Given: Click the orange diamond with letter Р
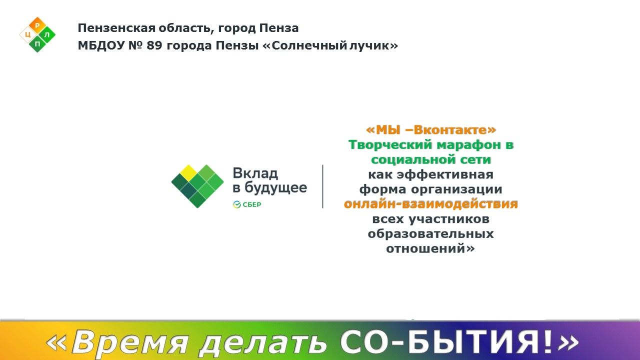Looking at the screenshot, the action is pos(37,25).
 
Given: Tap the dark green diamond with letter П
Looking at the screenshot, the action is pos(37,44).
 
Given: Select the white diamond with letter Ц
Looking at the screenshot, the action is pos(28,35).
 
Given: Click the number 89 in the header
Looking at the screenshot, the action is pos(154,45).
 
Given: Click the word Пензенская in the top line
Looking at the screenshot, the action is pos(116,28).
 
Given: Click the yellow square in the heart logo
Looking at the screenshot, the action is pos(188,173).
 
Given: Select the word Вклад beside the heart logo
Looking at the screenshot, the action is pos(255,173).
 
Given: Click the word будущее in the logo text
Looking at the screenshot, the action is pos(275,188).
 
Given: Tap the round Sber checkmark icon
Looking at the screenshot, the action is pos(237,204).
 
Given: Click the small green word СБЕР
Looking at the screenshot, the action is pos(251,204).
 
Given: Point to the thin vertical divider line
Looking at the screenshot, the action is pos(323,186).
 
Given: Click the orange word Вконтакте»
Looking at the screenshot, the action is pos(454,130).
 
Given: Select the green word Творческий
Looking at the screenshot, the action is pos(390,145).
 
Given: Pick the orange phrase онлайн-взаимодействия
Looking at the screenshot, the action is pos(431,204).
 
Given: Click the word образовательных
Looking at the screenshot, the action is pos(430,234).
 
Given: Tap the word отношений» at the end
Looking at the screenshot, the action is pos(430,248).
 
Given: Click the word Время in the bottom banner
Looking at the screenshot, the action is pos(130,342).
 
